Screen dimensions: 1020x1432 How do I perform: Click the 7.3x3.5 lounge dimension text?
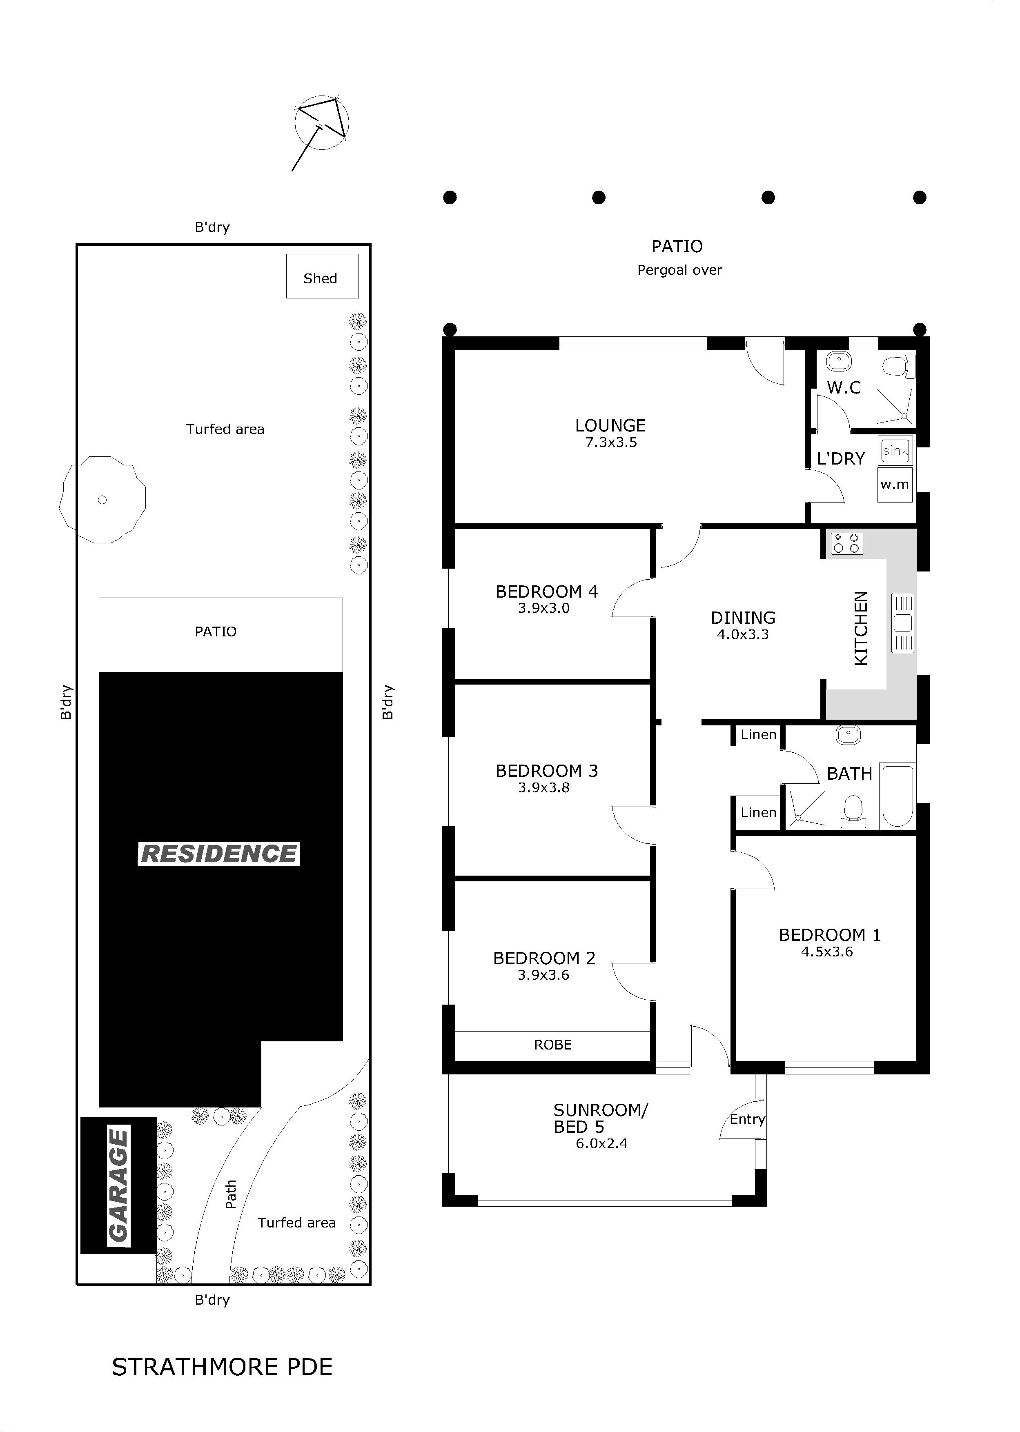(611, 442)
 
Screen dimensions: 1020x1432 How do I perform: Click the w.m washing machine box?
(895, 484)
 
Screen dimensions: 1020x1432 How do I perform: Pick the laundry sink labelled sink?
(895, 450)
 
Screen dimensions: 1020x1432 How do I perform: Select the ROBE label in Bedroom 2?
(553, 1045)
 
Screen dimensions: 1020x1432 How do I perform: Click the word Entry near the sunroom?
(747, 1119)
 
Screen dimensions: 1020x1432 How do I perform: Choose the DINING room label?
(743, 618)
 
